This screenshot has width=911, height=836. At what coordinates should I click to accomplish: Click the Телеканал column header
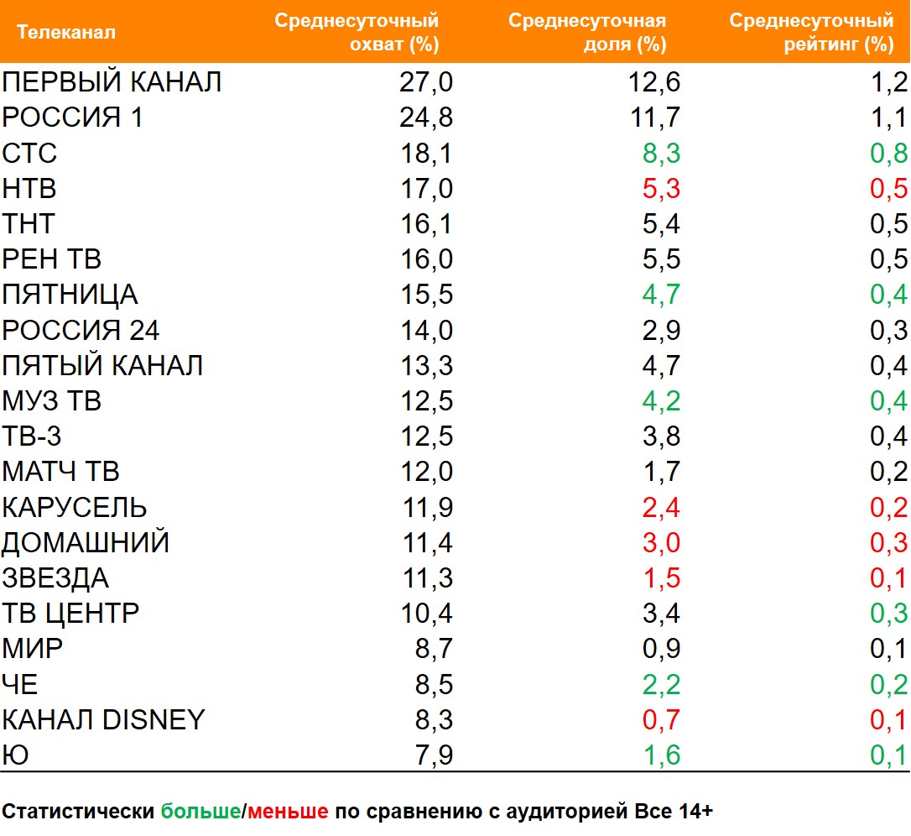(x=66, y=33)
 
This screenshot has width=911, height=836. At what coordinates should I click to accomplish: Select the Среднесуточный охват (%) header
(x=357, y=33)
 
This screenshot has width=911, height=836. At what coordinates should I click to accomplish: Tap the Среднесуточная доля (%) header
(x=587, y=33)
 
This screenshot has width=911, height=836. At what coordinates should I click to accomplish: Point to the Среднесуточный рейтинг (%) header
(x=811, y=33)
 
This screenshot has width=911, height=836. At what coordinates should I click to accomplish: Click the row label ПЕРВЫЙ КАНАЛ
(x=112, y=82)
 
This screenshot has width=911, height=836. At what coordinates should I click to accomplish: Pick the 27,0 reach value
(x=426, y=82)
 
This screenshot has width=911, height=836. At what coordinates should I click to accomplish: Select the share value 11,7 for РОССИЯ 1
(x=654, y=118)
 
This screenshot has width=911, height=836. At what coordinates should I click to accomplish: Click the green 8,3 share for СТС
(x=660, y=154)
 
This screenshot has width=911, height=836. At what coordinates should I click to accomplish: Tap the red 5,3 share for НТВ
(x=660, y=189)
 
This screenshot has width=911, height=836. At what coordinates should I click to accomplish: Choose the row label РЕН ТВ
(x=52, y=259)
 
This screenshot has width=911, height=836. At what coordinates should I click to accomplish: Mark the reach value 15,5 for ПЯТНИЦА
(x=426, y=295)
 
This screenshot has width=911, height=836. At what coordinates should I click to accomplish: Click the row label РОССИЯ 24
(x=81, y=331)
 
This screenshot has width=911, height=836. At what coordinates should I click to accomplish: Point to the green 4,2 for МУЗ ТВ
(x=660, y=401)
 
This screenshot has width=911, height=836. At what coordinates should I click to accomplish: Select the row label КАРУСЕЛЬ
(x=75, y=508)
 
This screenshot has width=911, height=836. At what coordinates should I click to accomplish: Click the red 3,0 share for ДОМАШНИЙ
(x=660, y=543)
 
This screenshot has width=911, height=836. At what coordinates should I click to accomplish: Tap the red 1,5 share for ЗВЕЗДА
(x=660, y=578)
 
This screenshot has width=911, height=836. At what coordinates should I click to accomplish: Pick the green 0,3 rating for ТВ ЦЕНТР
(x=888, y=614)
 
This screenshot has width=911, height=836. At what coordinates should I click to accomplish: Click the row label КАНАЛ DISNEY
(x=103, y=720)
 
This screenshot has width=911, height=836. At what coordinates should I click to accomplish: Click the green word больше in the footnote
(x=200, y=812)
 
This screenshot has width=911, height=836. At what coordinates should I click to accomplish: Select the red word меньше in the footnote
(x=288, y=812)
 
